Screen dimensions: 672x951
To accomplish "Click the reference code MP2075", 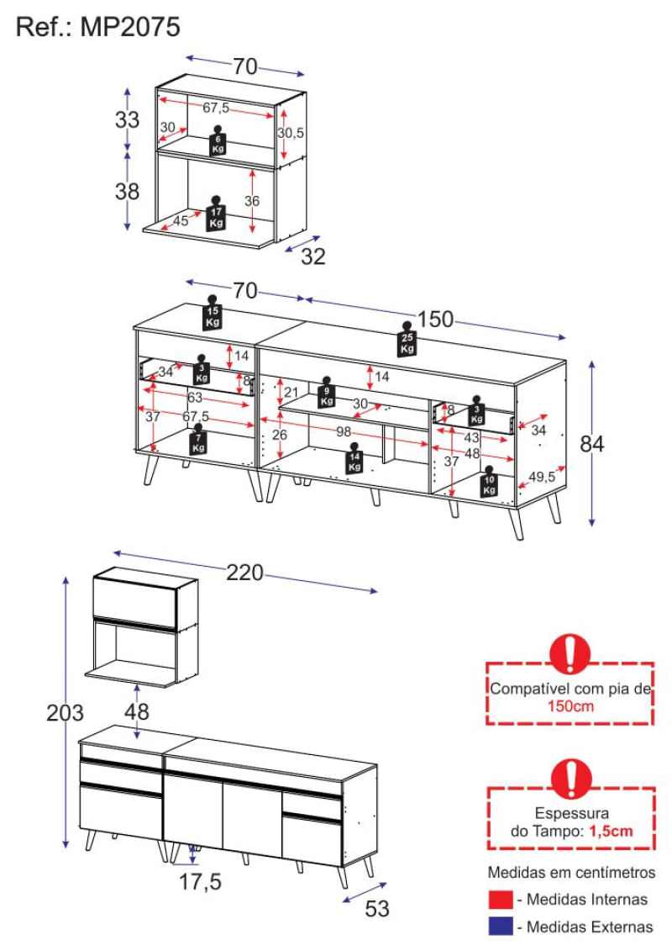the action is tap(130, 27).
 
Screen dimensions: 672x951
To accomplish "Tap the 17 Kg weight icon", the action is tap(217, 214).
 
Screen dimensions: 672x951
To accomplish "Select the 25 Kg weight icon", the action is tap(407, 338).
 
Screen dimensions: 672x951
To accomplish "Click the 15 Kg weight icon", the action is tap(212, 312).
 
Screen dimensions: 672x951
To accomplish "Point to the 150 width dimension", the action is tap(435, 319).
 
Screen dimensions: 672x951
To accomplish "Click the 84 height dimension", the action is tap(592, 443).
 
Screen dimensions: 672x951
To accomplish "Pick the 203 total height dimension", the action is tap(65, 713).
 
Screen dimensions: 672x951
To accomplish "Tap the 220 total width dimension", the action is tap(244, 572).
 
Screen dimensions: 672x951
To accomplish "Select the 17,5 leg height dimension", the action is tap(200, 881).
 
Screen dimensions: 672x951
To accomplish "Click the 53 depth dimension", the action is tap(377, 909).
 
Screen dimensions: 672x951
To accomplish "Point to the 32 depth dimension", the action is tap(313, 256).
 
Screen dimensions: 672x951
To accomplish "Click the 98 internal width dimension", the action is tap(344, 432).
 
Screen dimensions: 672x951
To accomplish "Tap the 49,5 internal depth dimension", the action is tap(542, 477).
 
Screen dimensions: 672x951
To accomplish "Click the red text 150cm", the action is tap(570, 706).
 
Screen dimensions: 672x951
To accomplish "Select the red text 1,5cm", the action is tap(611, 831).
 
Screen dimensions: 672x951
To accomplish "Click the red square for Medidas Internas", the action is tap(500, 900).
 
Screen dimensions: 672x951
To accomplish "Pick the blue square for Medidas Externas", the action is tap(500, 927).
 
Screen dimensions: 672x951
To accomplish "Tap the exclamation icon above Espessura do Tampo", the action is tap(571, 778).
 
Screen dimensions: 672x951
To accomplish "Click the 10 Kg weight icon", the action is tap(489, 482).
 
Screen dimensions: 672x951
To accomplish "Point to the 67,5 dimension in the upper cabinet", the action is tap(216, 108).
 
